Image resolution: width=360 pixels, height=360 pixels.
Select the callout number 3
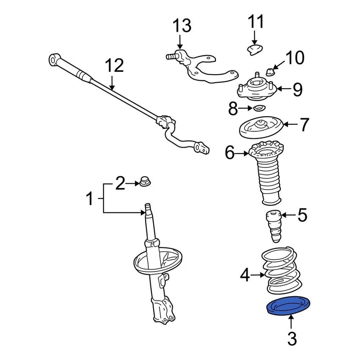(x=292, y=339)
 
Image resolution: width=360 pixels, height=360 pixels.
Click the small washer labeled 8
(x=258, y=108)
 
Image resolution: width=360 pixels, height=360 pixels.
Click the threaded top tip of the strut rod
(x=148, y=207)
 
